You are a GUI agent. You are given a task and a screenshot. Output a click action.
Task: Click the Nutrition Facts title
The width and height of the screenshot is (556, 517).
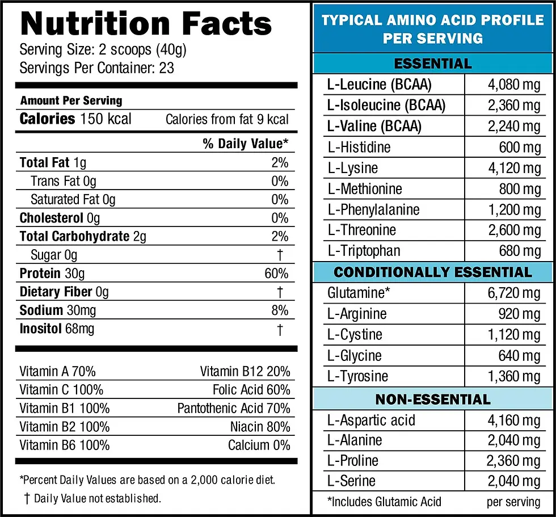(146, 24)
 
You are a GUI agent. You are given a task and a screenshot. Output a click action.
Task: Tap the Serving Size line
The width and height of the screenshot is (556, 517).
(103, 50)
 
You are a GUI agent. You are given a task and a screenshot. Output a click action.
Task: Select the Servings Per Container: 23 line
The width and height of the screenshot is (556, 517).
(96, 68)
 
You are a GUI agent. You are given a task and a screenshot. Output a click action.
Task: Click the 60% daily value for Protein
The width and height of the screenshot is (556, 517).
(276, 274)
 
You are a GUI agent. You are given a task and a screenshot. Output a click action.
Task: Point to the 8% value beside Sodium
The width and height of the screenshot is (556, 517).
(280, 310)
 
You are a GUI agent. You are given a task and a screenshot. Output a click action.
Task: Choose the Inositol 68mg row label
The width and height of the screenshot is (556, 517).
(57, 329)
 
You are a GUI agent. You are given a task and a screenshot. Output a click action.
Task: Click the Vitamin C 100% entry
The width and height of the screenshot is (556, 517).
(61, 390)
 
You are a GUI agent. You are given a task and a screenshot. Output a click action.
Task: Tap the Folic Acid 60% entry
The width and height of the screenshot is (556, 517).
(251, 390)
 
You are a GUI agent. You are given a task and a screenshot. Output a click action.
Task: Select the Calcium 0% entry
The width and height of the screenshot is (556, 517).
(259, 445)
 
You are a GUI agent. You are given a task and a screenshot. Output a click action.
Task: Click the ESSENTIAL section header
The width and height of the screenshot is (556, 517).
(433, 64)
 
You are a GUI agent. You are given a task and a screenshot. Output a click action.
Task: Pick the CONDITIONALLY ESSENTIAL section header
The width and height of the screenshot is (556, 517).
(433, 272)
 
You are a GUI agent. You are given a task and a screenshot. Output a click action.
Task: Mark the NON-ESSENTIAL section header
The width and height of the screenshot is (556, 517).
(433, 399)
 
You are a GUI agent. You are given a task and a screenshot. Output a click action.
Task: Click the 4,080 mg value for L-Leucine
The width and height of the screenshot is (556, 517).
(514, 85)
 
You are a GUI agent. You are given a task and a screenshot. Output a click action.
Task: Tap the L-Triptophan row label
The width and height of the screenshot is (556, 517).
(364, 251)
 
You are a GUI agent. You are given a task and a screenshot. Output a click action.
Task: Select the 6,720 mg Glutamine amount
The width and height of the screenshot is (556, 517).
(514, 293)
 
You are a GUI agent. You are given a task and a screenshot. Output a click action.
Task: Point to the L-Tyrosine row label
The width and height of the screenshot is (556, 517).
(357, 376)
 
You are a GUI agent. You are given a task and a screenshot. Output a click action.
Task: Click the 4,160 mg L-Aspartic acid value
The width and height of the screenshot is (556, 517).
(514, 421)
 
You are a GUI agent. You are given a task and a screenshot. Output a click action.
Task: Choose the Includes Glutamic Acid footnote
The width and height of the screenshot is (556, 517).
(384, 502)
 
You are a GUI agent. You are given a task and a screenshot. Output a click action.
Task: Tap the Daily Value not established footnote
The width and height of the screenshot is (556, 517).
(92, 498)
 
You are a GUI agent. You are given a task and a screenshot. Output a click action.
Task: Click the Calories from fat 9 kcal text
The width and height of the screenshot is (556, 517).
(227, 119)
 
